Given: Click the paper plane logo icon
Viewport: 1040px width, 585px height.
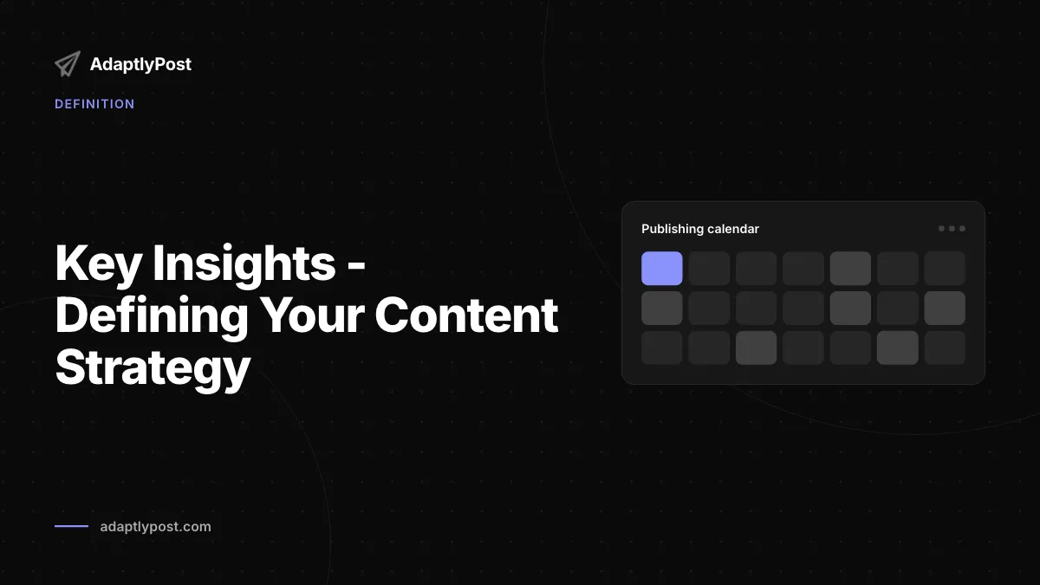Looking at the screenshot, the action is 68,63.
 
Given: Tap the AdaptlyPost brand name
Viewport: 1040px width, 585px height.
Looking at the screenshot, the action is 140,64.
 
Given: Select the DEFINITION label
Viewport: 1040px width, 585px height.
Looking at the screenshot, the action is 94,104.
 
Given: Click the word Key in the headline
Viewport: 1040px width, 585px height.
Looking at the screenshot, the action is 98,263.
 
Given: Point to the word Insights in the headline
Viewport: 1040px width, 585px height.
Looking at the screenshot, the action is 244,263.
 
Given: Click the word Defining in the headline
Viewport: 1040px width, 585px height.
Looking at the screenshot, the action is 152,315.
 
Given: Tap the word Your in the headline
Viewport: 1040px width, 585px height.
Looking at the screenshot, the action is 311,315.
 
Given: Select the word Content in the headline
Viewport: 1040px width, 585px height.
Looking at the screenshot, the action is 466,315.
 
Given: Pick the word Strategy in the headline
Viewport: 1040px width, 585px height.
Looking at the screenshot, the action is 153,367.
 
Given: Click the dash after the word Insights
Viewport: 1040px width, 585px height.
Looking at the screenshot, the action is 356,267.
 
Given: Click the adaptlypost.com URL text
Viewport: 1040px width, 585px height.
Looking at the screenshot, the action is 155,527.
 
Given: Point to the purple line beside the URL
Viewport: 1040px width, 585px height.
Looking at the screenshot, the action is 71,526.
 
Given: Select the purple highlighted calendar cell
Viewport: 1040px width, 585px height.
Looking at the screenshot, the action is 661,269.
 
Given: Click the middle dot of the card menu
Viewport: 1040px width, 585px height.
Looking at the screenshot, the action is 952,229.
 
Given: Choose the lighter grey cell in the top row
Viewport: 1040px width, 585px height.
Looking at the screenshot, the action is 850,269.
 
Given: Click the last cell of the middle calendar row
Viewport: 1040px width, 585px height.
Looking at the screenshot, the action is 945,308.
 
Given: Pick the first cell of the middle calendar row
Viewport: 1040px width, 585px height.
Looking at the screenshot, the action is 661,308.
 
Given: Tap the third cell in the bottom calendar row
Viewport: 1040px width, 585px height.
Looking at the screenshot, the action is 756,348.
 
